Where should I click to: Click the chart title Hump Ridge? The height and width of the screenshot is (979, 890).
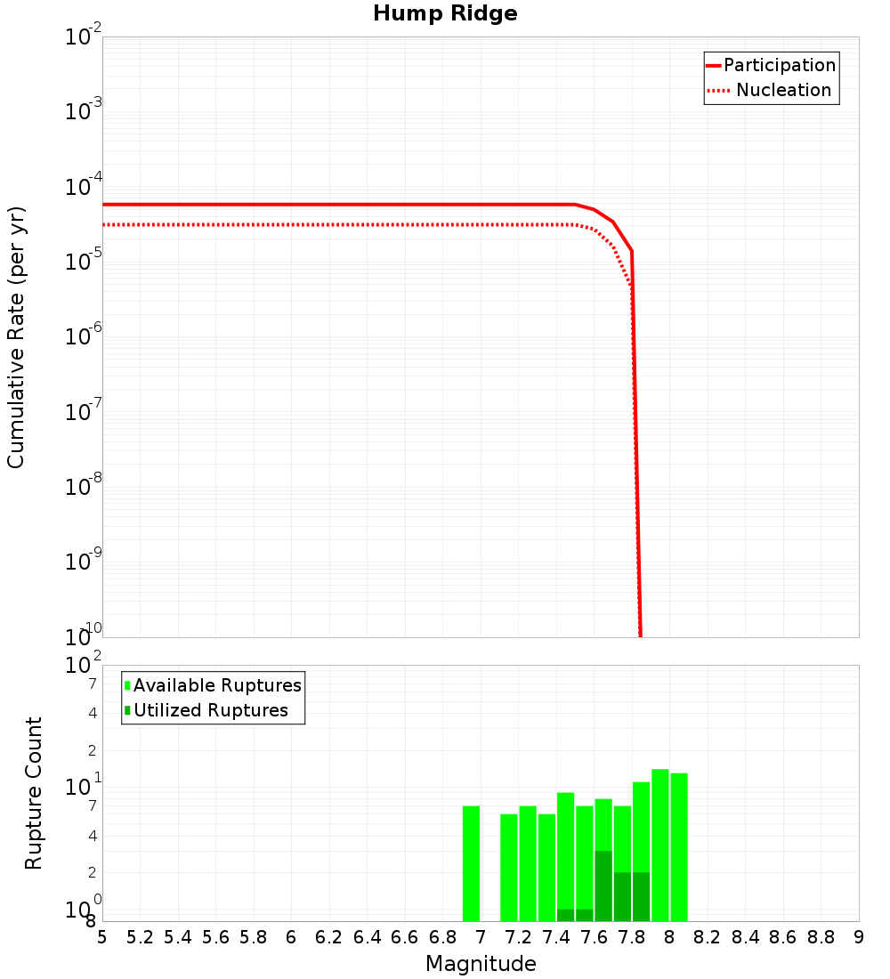[445, 13]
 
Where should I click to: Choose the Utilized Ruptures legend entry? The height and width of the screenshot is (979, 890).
[210, 710]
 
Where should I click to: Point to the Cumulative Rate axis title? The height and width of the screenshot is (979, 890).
[16, 336]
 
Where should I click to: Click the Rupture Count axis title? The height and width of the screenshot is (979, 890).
[34, 793]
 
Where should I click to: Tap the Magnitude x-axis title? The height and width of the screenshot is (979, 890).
[481, 963]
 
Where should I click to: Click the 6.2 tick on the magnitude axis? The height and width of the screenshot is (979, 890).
[329, 937]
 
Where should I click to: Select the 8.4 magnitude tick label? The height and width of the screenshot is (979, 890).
[746, 937]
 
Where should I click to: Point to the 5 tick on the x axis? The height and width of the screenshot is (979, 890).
[102, 937]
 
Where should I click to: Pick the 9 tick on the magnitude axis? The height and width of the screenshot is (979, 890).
[859, 937]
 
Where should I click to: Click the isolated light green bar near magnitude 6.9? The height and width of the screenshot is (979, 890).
[471, 863]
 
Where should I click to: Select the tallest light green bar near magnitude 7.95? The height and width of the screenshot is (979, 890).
[660, 845]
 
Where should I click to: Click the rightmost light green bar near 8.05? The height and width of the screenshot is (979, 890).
[679, 846]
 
